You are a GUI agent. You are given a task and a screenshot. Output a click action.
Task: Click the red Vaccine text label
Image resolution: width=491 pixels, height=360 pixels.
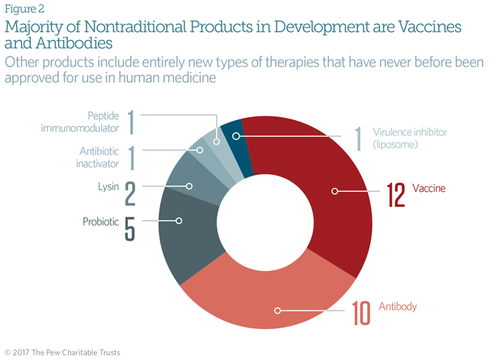pyautogui.click(x=429, y=188)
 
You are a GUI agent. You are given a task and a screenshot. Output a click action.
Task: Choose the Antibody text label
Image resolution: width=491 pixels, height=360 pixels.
pyautogui.click(x=397, y=307)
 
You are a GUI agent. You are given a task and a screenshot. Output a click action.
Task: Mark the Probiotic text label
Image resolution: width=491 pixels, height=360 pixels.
pyautogui.click(x=101, y=222)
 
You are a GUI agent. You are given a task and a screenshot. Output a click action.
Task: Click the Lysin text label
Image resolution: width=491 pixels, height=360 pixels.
pyautogui.click(x=107, y=186)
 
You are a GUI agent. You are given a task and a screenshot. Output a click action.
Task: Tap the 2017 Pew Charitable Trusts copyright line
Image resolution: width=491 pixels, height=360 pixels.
pyautogui.click(x=62, y=352)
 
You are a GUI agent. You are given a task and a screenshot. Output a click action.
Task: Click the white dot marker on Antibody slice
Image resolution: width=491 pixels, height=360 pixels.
pyautogui.click(x=278, y=310)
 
